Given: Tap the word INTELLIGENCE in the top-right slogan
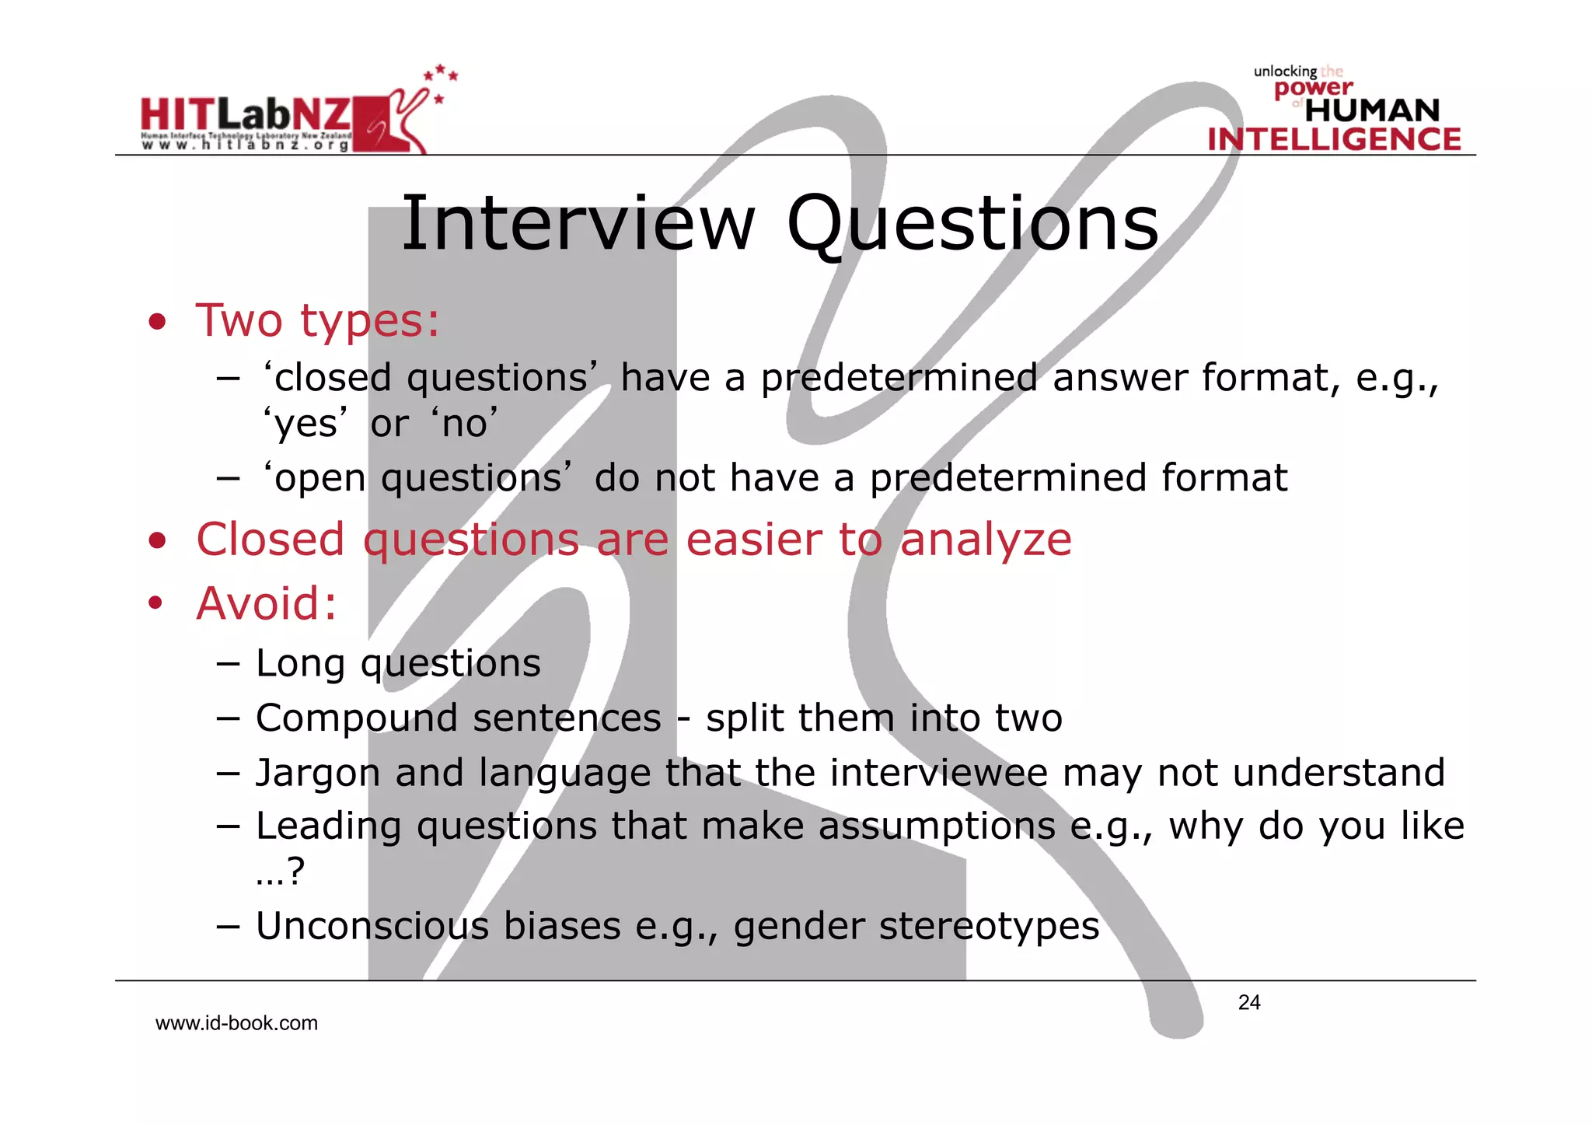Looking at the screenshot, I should (x=1334, y=139).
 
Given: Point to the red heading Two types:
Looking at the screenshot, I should (x=317, y=320).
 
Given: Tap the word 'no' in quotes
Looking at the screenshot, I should (x=464, y=424).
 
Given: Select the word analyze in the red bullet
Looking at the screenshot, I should (x=986, y=540).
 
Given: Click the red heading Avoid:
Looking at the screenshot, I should (x=267, y=603).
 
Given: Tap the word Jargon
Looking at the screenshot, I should (x=318, y=774).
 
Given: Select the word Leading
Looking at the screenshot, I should (x=328, y=826).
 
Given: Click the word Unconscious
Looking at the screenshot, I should (x=372, y=926).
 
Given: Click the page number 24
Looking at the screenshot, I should (x=1249, y=1003).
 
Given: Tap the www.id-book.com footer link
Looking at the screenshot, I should (x=236, y=1023).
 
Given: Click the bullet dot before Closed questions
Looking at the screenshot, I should (x=158, y=540).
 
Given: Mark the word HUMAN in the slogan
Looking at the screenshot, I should (x=1372, y=110).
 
